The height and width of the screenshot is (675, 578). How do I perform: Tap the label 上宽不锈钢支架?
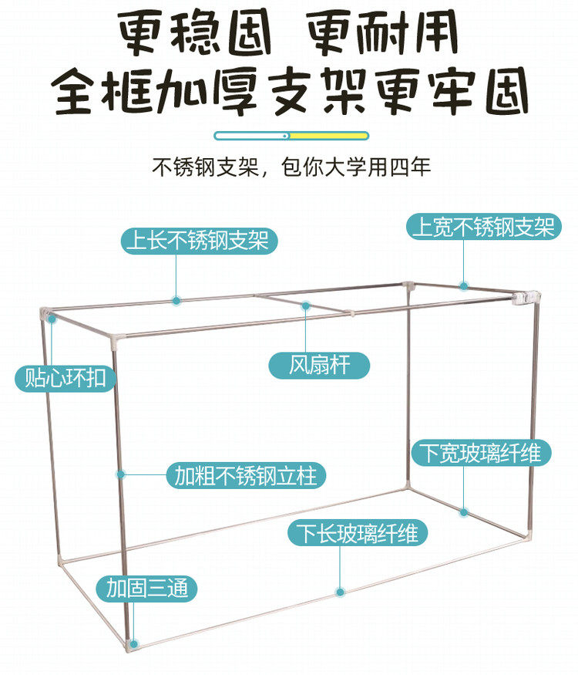pyautogui.click(x=482, y=228)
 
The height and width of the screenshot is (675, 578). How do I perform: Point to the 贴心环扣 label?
pyautogui.click(x=65, y=378)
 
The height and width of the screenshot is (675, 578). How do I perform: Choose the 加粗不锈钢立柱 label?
pyautogui.click(x=245, y=475)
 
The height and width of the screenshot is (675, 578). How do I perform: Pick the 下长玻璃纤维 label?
pyautogui.click(x=358, y=533)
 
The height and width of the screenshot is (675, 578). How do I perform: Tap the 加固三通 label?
pyautogui.click(x=146, y=589)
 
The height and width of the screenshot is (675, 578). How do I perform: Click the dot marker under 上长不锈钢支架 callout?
pyautogui.click(x=176, y=299)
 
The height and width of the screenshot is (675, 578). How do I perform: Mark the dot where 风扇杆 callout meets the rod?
pyautogui.click(x=306, y=306)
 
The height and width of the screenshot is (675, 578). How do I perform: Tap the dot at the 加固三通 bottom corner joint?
pyautogui.click(x=133, y=643)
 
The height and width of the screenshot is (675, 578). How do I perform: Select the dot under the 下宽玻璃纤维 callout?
pyautogui.click(x=464, y=511)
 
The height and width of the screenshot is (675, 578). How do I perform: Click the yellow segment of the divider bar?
pyautogui.click(x=328, y=136)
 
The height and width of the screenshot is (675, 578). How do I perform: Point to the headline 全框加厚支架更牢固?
pyautogui.click(x=291, y=92)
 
